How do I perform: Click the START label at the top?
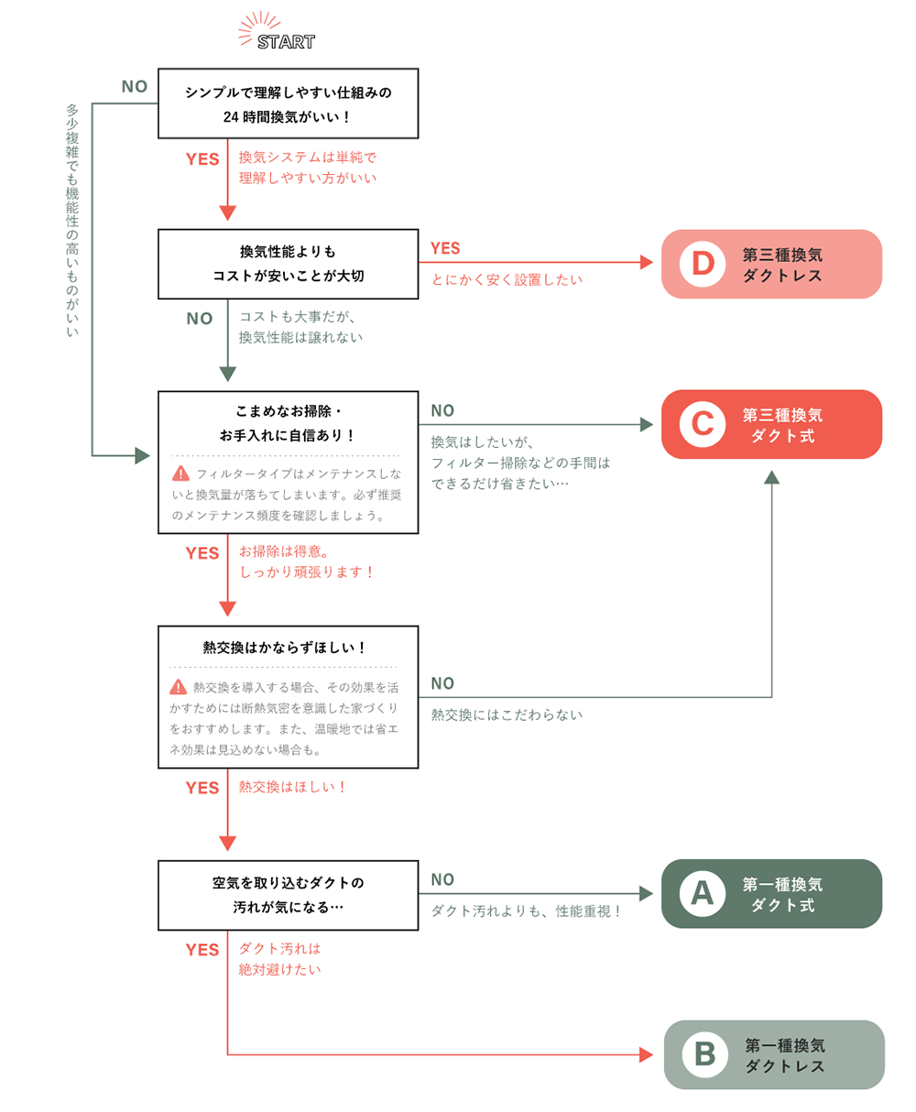pos(286,41)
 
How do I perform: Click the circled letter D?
pos(703,264)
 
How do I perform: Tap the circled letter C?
pos(703,424)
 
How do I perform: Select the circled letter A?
pos(703,893)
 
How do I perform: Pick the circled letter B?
pos(704,1054)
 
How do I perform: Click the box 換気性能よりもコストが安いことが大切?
pos(288,264)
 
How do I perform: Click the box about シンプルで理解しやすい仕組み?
pos(288,104)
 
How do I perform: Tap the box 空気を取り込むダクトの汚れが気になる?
pos(288,894)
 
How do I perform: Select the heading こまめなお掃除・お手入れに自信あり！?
pos(288,424)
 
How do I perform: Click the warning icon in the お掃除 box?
pos(180,474)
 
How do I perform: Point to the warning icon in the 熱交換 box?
pos(179,687)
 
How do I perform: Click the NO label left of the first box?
pos(135,87)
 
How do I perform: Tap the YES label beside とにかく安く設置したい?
pos(445,248)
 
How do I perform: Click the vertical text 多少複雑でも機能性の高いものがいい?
pos(72,220)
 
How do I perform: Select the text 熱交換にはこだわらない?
pos(507,714)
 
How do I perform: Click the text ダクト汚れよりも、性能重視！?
pos(527,910)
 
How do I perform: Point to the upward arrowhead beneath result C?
pos(771,477)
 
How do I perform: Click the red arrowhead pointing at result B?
pos(646,1054)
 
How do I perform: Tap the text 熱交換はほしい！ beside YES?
pos(293,787)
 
